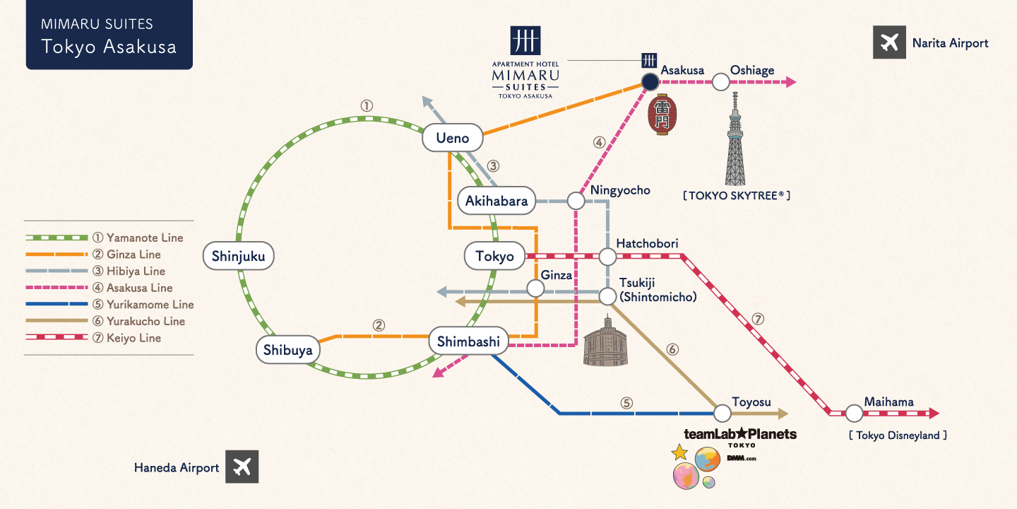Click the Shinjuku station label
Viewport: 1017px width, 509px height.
point(238,256)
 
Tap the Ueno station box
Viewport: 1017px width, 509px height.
point(453,138)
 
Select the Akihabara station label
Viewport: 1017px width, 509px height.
point(496,201)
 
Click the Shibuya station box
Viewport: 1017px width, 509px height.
point(287,349)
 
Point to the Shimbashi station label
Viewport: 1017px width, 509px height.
point(468,342)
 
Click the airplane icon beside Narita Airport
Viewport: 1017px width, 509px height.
point(889,42)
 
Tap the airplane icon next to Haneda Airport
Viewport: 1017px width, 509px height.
point(242,467)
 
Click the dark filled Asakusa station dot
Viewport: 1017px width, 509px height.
point(650,82)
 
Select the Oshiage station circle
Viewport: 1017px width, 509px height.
point(720,82)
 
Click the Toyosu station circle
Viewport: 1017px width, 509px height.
point(722,413)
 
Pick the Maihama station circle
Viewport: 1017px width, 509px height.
point(855,413)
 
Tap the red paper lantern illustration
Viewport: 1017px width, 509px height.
point(662,115)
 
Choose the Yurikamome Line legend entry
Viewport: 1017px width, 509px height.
point(109,305)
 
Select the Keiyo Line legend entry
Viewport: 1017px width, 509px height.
point(109,338)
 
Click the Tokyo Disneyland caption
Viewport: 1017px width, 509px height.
point(897,435)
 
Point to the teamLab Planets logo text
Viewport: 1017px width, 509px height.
point(739,434)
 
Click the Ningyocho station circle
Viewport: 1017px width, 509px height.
point(576,201)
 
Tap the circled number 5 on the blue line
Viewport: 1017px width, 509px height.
point(626,403)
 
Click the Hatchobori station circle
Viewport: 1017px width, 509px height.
point(607,257)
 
